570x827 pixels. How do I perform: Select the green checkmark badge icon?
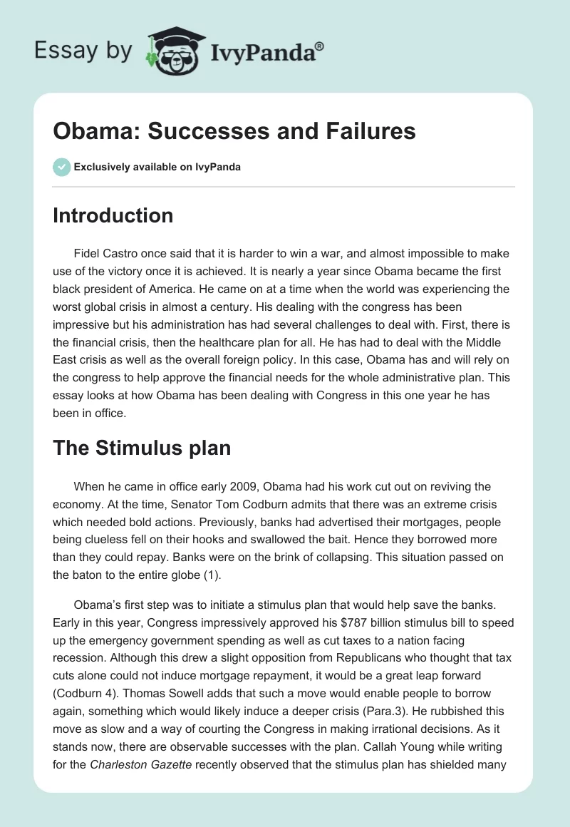(61, 167)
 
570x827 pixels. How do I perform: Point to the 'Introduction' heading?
(113, 215)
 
